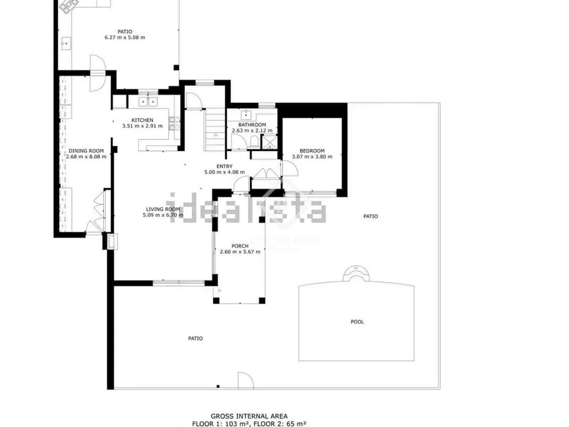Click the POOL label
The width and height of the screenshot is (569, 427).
357,322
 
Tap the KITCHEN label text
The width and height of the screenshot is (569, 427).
142,120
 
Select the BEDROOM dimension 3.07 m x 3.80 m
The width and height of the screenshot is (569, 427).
312,157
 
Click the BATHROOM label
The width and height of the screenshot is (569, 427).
252,125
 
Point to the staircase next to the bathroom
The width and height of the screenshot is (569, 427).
215,130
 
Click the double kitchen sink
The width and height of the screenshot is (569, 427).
148,102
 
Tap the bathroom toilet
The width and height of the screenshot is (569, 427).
254,143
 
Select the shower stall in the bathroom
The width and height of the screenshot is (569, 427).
269,142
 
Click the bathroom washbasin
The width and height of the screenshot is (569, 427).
246,115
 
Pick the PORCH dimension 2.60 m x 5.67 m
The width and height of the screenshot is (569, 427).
240,252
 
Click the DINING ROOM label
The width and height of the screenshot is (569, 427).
86,151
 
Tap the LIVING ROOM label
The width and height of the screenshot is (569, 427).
163,209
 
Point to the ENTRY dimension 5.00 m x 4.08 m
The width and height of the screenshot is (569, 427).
224,172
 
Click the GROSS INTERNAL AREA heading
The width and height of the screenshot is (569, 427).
249,416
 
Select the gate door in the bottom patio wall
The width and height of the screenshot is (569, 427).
245,381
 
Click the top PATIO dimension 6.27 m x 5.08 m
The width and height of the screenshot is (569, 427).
125,37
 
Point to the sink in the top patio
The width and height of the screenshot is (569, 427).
66,43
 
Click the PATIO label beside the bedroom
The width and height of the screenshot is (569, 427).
371,216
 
